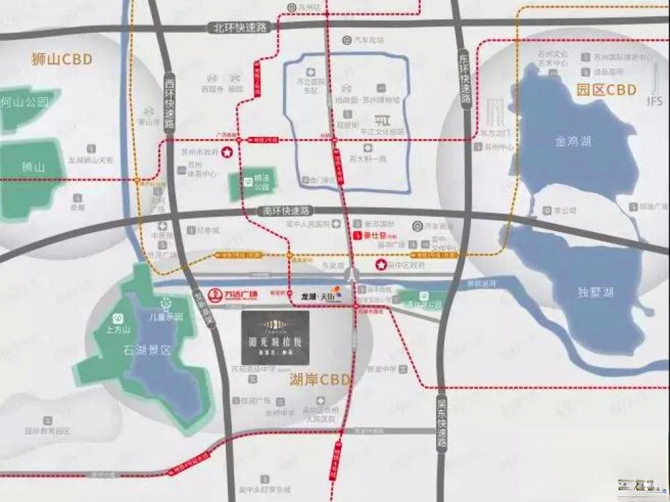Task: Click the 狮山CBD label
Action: [61, 59]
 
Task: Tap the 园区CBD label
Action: [606, 90]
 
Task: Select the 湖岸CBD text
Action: [320, 381]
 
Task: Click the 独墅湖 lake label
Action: [594, 293]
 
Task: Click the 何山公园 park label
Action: [25, 103]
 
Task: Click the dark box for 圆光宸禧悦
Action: [275, 338]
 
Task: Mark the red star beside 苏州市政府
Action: [227, 153]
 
